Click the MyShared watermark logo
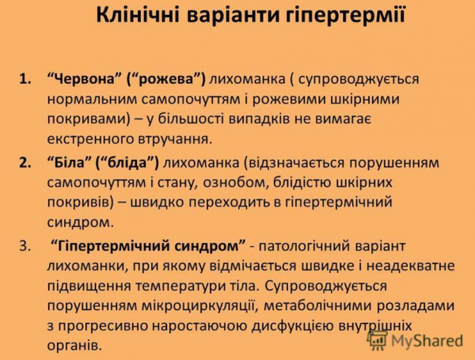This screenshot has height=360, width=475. (415, 341)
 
